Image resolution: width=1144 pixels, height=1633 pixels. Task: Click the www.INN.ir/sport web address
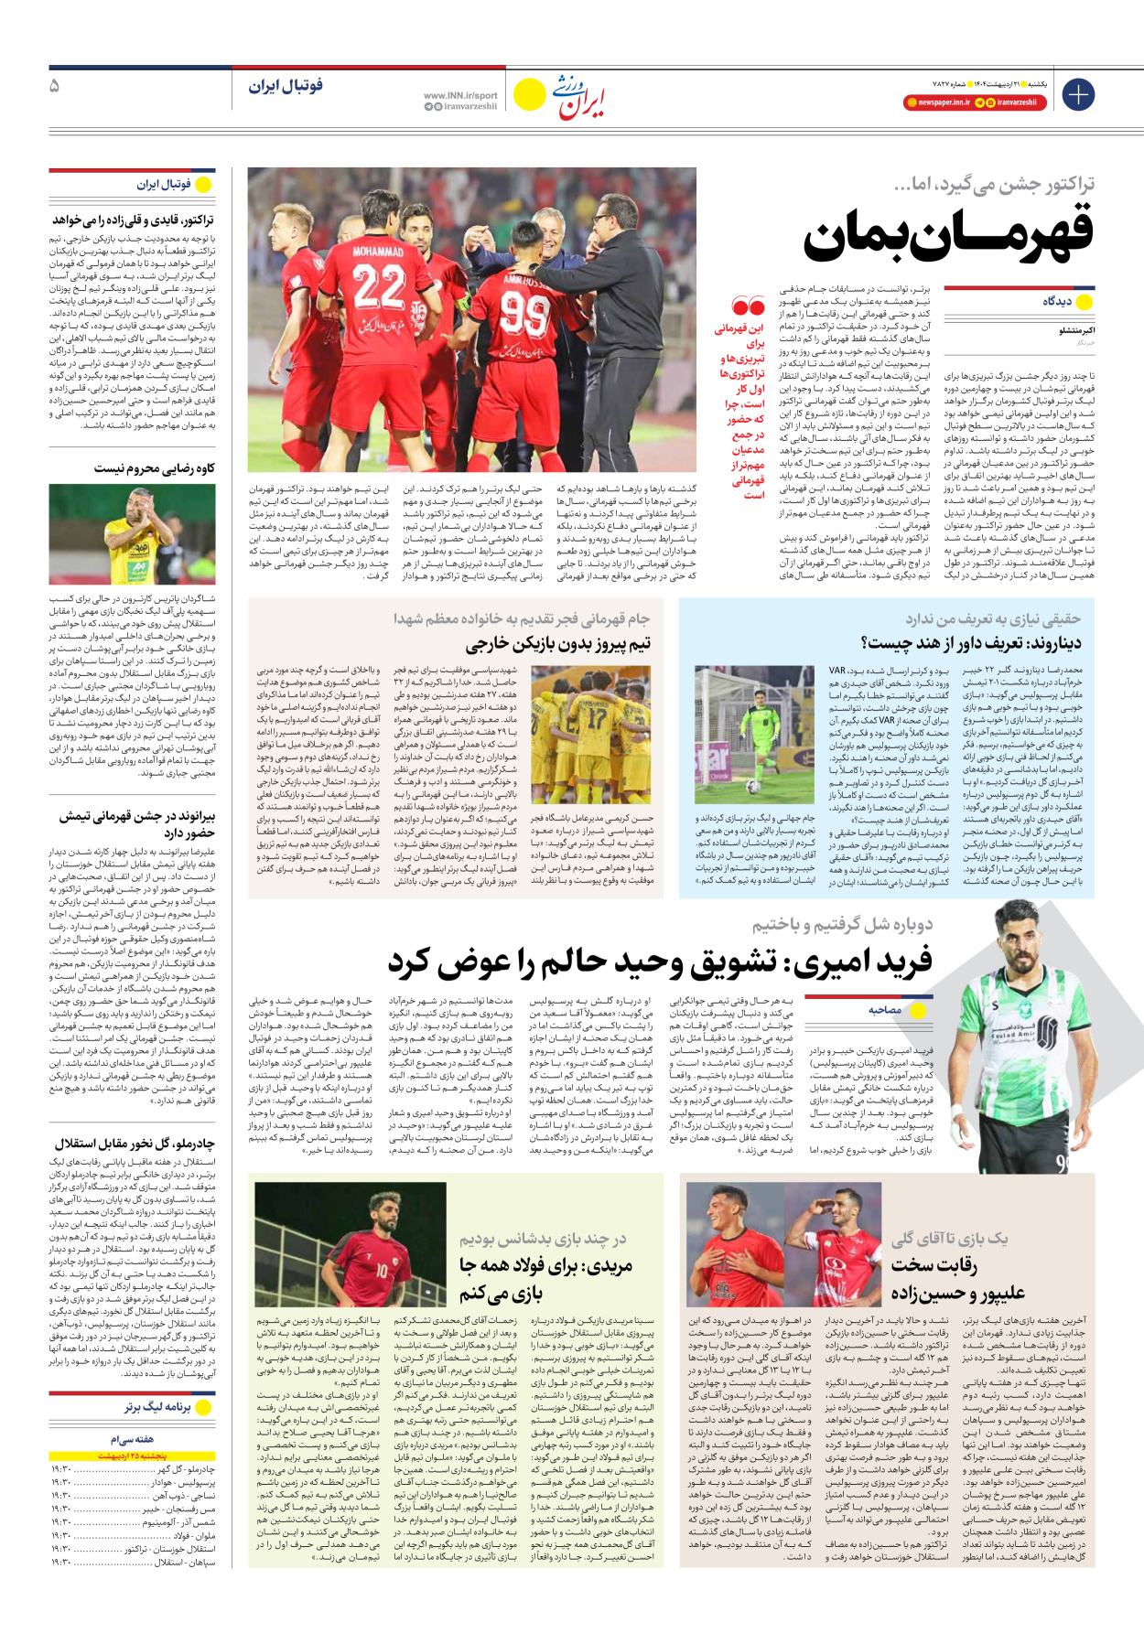460,95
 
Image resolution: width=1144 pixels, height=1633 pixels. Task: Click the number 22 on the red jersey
378,285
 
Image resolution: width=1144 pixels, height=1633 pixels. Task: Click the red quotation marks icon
748,306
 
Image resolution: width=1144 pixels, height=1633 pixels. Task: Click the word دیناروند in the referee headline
1052,643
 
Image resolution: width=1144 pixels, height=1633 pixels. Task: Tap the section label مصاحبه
884,1010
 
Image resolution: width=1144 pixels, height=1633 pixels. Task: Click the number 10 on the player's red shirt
381,1271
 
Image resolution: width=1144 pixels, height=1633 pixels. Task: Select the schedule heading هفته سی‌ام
133,1439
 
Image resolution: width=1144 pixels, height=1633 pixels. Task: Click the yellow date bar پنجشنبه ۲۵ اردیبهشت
133,1456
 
